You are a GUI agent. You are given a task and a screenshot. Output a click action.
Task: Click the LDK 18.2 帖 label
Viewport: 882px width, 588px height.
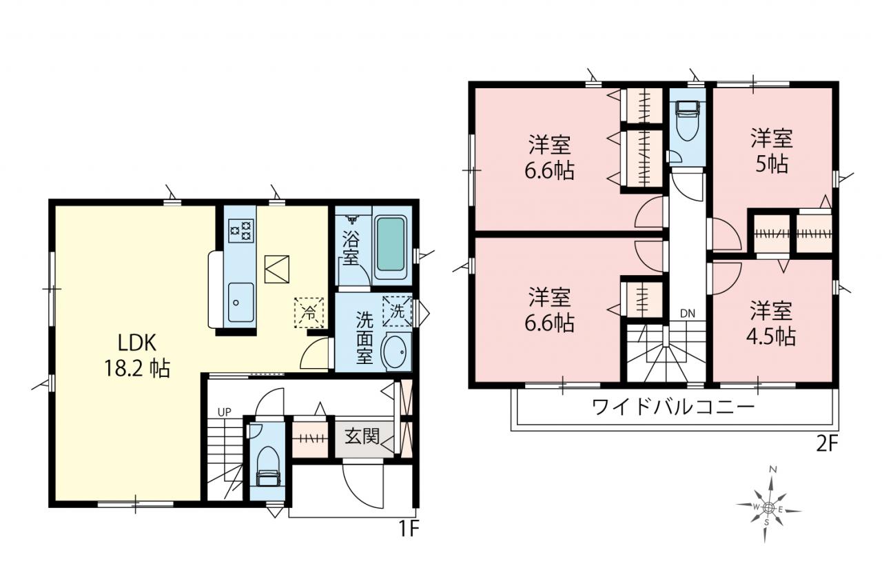[x=136, y=356]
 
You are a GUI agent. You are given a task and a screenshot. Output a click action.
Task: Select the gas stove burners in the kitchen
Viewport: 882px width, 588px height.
[x=240, y=231]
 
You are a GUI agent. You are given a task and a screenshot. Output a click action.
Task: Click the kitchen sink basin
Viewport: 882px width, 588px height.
[x=240, y=303]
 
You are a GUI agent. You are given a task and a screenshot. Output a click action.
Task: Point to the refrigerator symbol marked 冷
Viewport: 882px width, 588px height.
[x=309, y=313]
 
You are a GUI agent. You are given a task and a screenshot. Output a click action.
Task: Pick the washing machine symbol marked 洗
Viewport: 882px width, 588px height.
[x=398, y=311]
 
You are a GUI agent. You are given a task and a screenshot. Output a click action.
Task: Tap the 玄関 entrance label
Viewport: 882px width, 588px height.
[x=362, y=436]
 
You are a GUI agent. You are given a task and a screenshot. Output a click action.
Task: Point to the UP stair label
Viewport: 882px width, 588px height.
[x=225, y=412]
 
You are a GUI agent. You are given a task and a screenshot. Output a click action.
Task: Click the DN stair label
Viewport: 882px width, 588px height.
[x=688, y=314]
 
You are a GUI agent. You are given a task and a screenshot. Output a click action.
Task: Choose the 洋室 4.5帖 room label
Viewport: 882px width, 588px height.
[x=771, y=323]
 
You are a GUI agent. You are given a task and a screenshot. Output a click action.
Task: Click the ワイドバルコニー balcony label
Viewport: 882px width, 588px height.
[x=673, y=407]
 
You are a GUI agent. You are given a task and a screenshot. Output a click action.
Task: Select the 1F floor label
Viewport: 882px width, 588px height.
[x=409, y=529]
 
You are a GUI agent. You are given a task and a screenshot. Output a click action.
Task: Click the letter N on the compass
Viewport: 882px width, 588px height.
[x=773, y=469]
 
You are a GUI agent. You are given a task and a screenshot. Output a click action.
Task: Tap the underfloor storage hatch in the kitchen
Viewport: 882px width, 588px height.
[x=277, y=270]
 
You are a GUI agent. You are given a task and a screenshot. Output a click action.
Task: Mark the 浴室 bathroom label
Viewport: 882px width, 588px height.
[x=351, y=247]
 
